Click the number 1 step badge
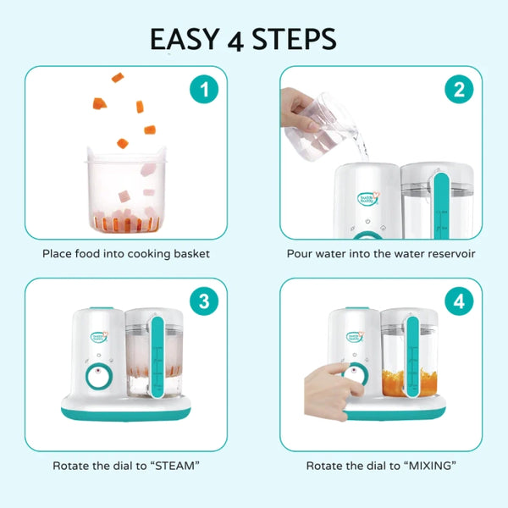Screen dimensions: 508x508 click(x=202, y=89)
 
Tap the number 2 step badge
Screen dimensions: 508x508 click(x=458, y=89)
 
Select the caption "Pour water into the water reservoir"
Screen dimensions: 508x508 click(x=380, y=253)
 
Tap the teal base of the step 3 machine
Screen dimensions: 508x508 click(x=127, y=411)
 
